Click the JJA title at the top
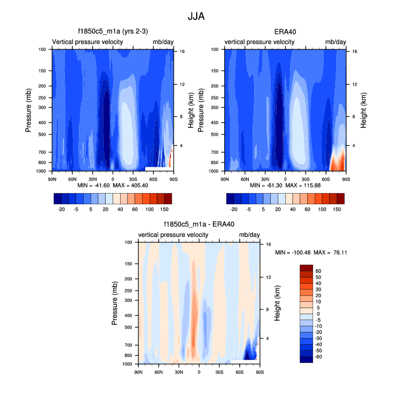pos(196,17)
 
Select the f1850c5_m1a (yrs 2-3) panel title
pos(113,32)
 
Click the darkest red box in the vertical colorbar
pos(306,268)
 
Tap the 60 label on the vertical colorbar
pos(318,271)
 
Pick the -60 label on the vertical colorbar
pos(319,357)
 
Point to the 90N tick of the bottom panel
pos(138,371)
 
